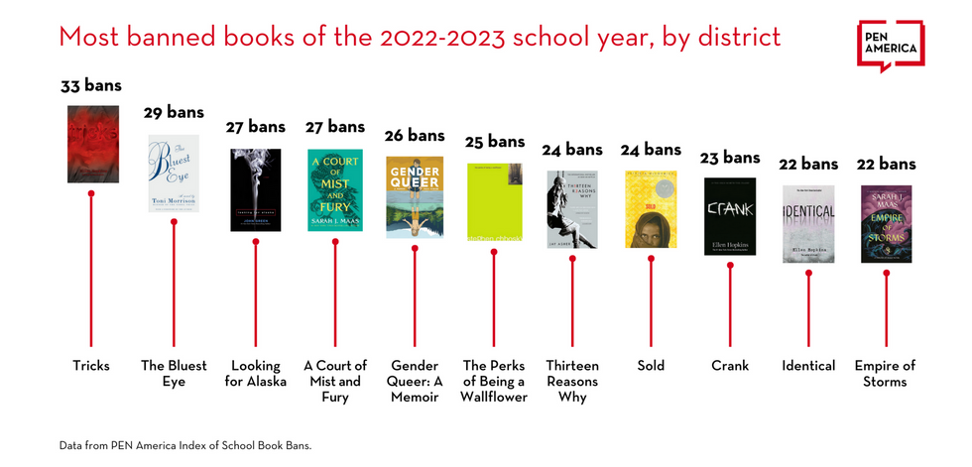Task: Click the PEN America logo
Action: pyautogui.click(x=890, y=44)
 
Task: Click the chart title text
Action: pyautogui.click(x=420, y=38)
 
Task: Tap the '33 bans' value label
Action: pyautogui.click(x=91, y=85)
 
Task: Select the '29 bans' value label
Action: pyautogui.click(x=174, y=112)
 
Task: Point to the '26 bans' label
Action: pyautogui.click(x=415, y=135)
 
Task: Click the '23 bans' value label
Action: pyautogui.click(x=729, y=157)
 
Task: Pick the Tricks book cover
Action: pyautogui.click(x=92, y=143)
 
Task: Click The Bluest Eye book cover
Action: pyautogui.click(x=174, y=174)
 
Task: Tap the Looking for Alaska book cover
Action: pyautogui.click(x=255, y=189)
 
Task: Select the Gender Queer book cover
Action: pyautogui.click(x=415, y=196)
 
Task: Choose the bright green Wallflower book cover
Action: pyautogui.click(x=494, y=201)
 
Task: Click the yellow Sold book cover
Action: pyautogui.click(x=651, y=208)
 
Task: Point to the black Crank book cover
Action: pyautogui.click(x=730, y=215)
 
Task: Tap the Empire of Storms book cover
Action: pyautogui.click(x=886, y=223)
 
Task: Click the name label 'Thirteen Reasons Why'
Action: pyautogui.click(x=572, y=382)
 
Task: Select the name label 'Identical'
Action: pyautogui.click(x=808, y=366)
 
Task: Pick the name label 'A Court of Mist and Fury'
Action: pyautogui.click(x=335, y=382)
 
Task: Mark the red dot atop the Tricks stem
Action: pyautogui.click(x=92, y=193)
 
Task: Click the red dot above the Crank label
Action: pyautogui.click(x=730, y=265)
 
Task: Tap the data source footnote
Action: pyautogui.click(x=184, y=446)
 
